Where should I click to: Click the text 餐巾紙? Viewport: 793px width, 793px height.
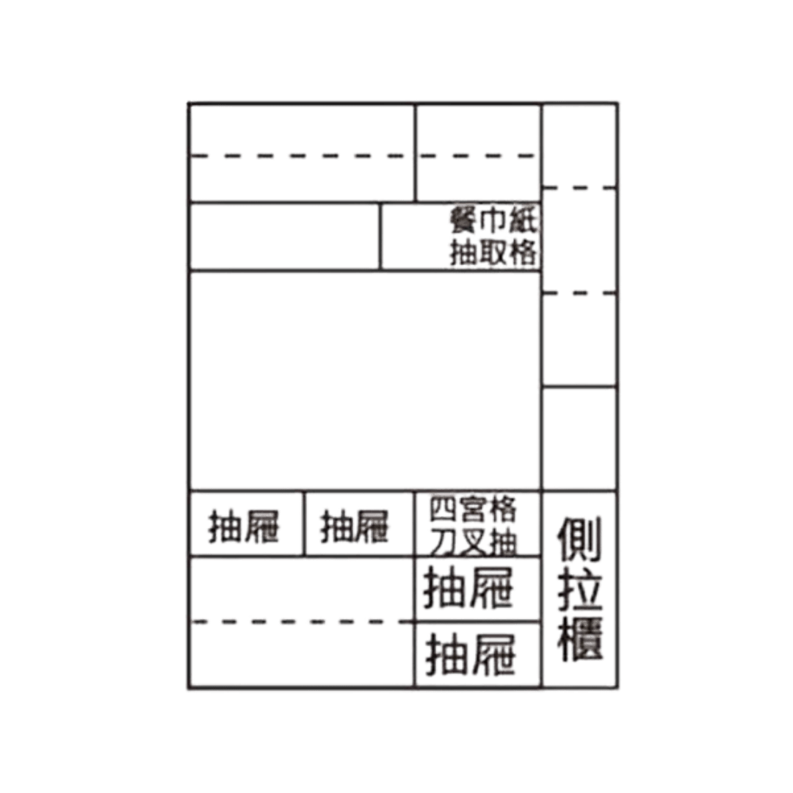point(493,220)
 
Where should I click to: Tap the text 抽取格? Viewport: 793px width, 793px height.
point(493,252)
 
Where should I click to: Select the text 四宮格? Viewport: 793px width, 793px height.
point(473,510)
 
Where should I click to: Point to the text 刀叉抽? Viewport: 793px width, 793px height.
point(473,542)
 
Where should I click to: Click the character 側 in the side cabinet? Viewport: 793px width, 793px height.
point(579,539)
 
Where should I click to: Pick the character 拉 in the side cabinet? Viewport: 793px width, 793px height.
point(579,589)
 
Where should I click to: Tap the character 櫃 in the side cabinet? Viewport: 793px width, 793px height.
point(579,638)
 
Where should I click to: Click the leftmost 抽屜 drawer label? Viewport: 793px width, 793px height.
point(244,526)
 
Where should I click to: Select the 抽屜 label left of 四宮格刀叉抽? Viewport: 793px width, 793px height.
point(355,526)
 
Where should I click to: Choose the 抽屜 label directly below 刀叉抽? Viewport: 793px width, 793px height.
point(468,587)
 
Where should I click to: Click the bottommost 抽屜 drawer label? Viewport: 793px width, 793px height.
point(471,655)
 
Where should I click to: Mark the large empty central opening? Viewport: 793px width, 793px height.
point(365,381)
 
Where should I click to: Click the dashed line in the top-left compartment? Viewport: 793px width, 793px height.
point(302,156)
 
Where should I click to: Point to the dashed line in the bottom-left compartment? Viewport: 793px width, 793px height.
point(302,622)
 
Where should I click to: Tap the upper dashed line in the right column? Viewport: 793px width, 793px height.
point(579,188)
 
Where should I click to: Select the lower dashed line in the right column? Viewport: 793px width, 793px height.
point(579,292)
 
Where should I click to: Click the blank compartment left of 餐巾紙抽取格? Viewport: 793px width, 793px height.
point(285,236)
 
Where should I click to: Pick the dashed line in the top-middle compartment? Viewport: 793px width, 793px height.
point(478,156)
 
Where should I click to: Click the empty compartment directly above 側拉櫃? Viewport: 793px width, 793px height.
point(579,438)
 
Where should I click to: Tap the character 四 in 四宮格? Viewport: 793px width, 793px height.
point(443,510)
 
